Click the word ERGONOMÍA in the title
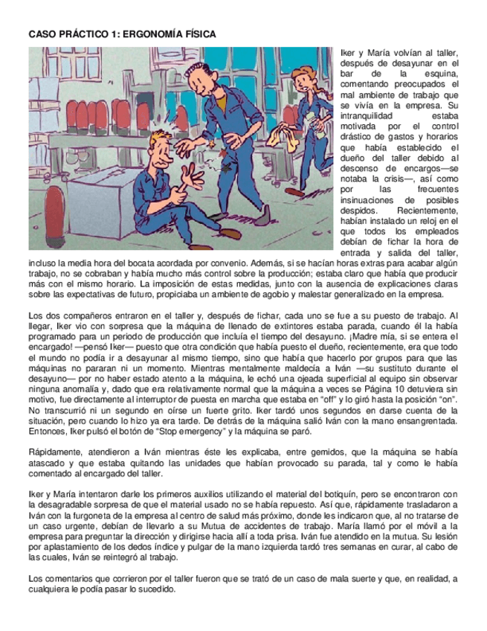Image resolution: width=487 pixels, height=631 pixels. (x=153, y=34)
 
